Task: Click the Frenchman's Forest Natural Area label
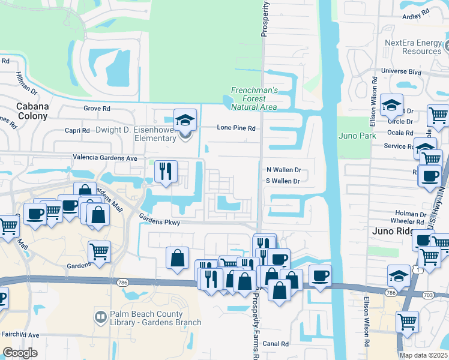pyautogui.click(x=255, y=98)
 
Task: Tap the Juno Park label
pyautogui.click(x=357, y=136)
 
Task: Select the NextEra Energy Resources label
pyautogui.click(x=413, y=47)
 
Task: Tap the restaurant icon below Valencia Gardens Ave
pyautogui.click(x=166, y=171)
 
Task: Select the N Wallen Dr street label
pyautogui.click(x=283, y=170)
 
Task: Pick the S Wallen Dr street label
pyautogui.click(x=283, y=181)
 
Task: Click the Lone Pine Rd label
pyautogui.click(x=237, y=128)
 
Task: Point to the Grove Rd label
pyautogui.click(x=97, y=109)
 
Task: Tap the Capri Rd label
pyautogui.click(x=77, y=130)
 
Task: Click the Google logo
pyautogui.click(x=20, y=352)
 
